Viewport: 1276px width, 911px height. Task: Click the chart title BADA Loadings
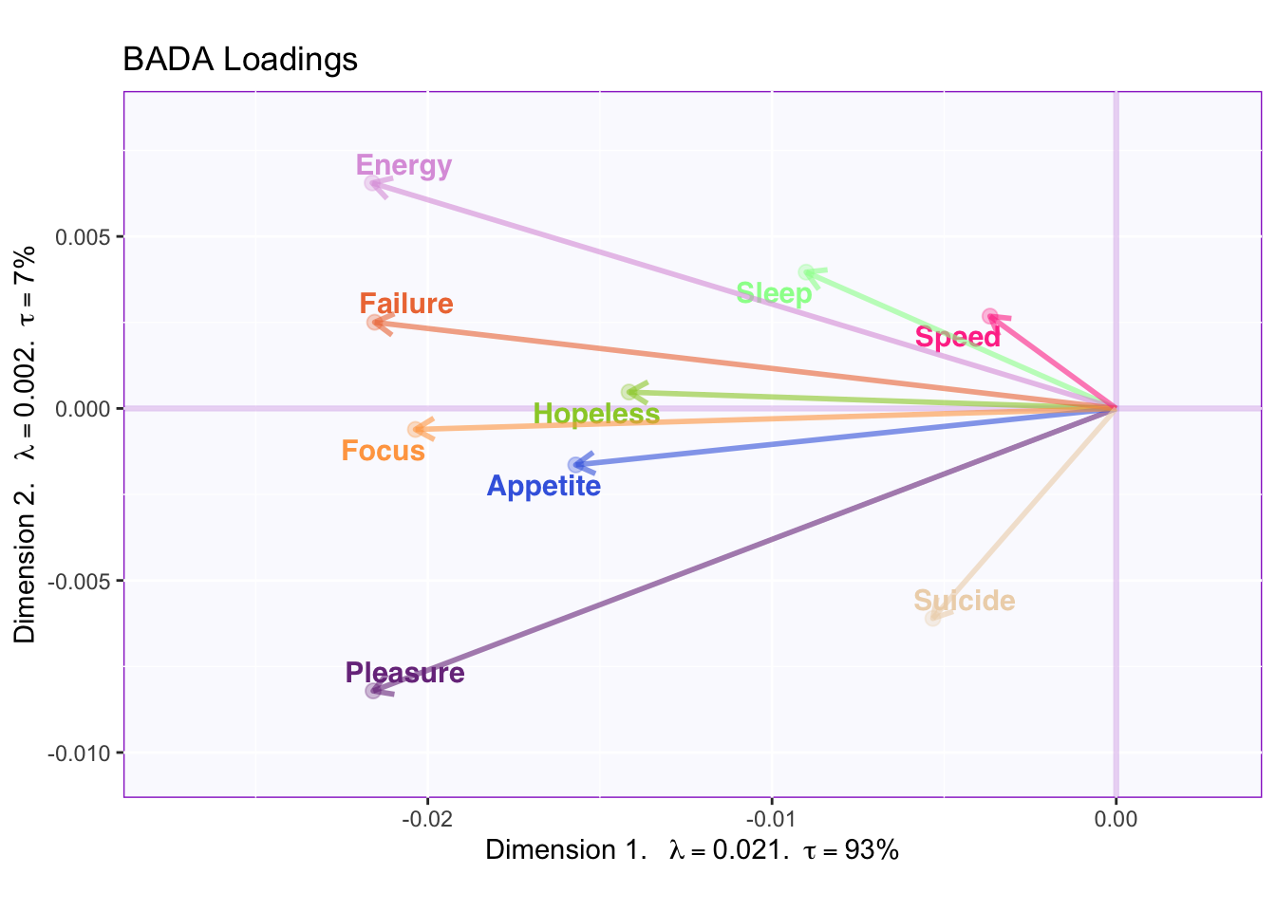[x=240, y=60]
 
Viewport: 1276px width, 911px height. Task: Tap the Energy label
[x=403, y=165]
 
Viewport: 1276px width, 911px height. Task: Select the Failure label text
[x=406, y=304]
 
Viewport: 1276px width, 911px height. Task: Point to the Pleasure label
[x=405, y=673]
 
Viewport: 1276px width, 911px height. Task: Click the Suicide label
[x=964, y=601]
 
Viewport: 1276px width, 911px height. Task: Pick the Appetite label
[x=543, y=486]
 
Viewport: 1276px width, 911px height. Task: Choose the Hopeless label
[x=596, y=414]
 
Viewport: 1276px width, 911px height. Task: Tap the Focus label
[x=383, y=451]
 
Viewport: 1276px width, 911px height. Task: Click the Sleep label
[x=774, y=293]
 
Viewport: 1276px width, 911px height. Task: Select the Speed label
[x=957, y=338]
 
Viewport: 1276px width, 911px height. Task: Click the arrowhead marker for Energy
[x=373, y=183]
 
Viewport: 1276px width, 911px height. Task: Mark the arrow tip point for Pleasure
[x=373, y=691]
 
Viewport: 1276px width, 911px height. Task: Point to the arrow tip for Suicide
[x=933, y=618]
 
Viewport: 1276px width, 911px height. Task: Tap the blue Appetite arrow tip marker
[x=575, y=465]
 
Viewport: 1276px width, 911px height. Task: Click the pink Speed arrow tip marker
[x=990, y=316]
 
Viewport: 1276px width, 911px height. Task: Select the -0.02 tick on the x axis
[x=427, y=819]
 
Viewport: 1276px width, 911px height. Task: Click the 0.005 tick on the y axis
[x=84, y=236]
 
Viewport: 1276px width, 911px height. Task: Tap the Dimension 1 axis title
[x=691, y=850]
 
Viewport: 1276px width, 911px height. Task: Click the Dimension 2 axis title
[x=26, y=444]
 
